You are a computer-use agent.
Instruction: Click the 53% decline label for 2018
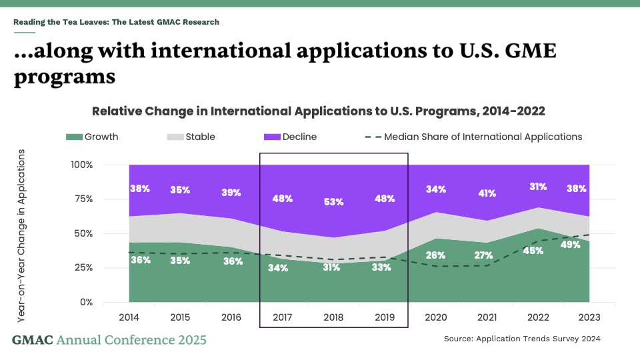tap(333, 202)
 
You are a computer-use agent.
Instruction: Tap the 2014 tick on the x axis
tap(129, 318)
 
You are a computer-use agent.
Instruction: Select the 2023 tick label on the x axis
tap(589, 318)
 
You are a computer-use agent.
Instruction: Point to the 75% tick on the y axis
tap(83, 199)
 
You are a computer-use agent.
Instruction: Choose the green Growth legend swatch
tap(73, 137)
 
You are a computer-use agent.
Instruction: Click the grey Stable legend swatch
tap(173, 137)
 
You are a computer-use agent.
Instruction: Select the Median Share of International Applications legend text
tap(483, 137)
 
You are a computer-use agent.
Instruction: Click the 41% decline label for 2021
tap(487, 193)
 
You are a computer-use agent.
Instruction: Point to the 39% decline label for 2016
tap(231, 192)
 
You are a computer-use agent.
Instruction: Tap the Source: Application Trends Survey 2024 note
tap(522, 339)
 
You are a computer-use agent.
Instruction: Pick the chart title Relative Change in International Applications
tap(319, 111)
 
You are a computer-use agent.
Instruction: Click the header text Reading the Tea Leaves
tap(116, 22)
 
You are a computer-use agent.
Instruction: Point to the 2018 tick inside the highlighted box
tap(333, 318)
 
